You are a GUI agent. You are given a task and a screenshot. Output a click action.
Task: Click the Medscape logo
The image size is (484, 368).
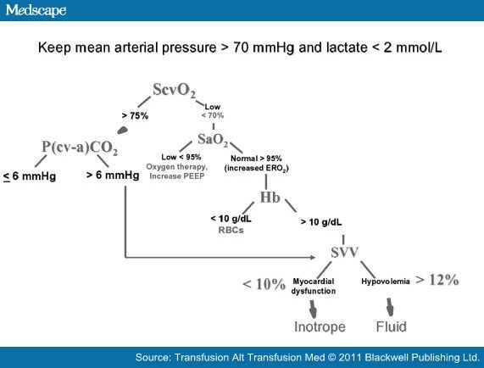pos(33,10)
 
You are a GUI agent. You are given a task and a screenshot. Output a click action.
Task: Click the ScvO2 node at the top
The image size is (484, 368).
pos(175,90)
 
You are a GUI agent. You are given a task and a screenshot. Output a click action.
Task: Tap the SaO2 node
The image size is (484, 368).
pos(214,140)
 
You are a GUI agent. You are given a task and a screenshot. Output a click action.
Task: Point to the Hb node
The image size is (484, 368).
pos(269,199)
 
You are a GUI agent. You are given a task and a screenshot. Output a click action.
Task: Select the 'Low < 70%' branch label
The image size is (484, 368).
pos(212,111)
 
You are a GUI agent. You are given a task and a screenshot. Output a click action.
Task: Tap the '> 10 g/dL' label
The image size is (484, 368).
pos(321,222)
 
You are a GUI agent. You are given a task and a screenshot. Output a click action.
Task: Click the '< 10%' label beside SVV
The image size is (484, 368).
pos(264,285)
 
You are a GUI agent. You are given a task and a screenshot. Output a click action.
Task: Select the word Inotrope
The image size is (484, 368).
pos(319,326)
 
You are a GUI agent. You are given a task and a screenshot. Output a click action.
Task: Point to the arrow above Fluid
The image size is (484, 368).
pos(391,306)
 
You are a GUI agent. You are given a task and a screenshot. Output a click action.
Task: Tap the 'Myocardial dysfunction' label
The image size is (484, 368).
pos(314,286)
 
